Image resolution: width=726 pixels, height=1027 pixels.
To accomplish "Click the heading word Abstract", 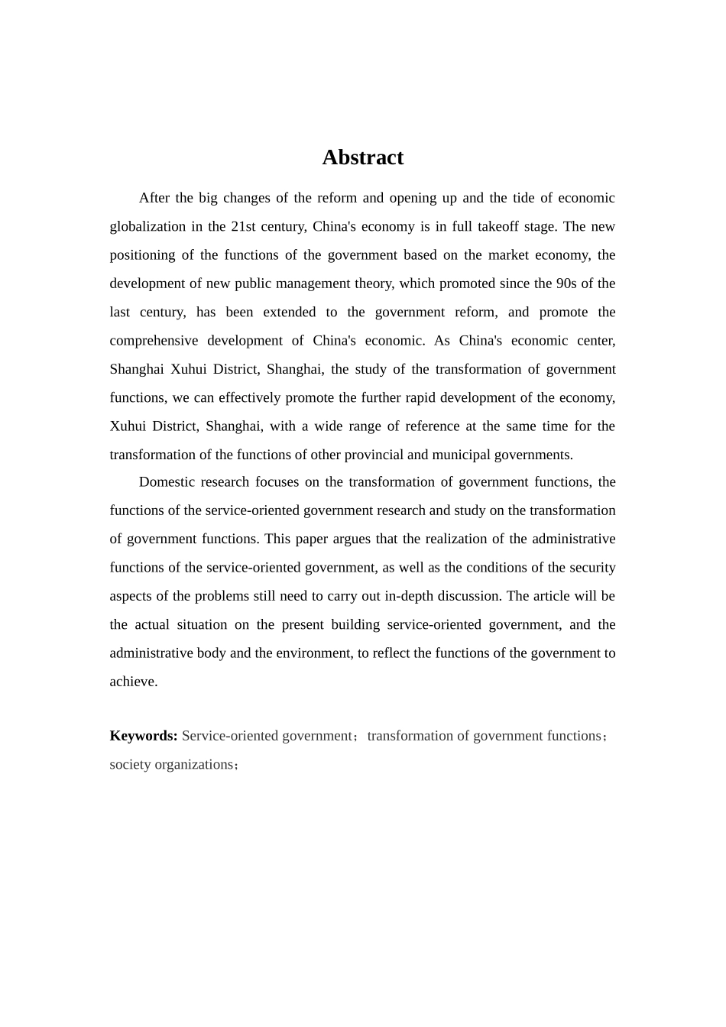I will click(x=362, y=157).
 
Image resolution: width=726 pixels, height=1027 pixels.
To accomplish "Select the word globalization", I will click(x=145, y=226).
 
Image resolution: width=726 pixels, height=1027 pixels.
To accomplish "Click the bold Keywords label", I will click(x=144, y=736).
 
